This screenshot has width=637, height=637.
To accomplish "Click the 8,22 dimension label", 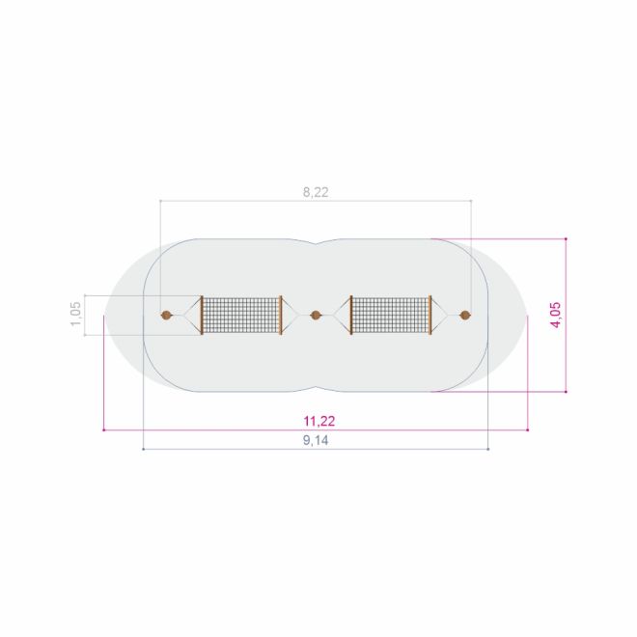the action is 316,192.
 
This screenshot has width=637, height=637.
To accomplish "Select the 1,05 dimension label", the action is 76,314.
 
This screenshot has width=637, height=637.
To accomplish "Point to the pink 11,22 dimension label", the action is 319,421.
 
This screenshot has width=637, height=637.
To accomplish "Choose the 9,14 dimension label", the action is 316,440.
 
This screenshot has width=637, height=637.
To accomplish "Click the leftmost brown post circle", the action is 166,315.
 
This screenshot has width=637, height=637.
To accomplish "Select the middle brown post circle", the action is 316,315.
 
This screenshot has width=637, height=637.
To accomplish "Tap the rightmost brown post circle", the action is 465,315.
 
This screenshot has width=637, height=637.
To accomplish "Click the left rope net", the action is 241,316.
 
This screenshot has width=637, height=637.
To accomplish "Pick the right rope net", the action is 391,316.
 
